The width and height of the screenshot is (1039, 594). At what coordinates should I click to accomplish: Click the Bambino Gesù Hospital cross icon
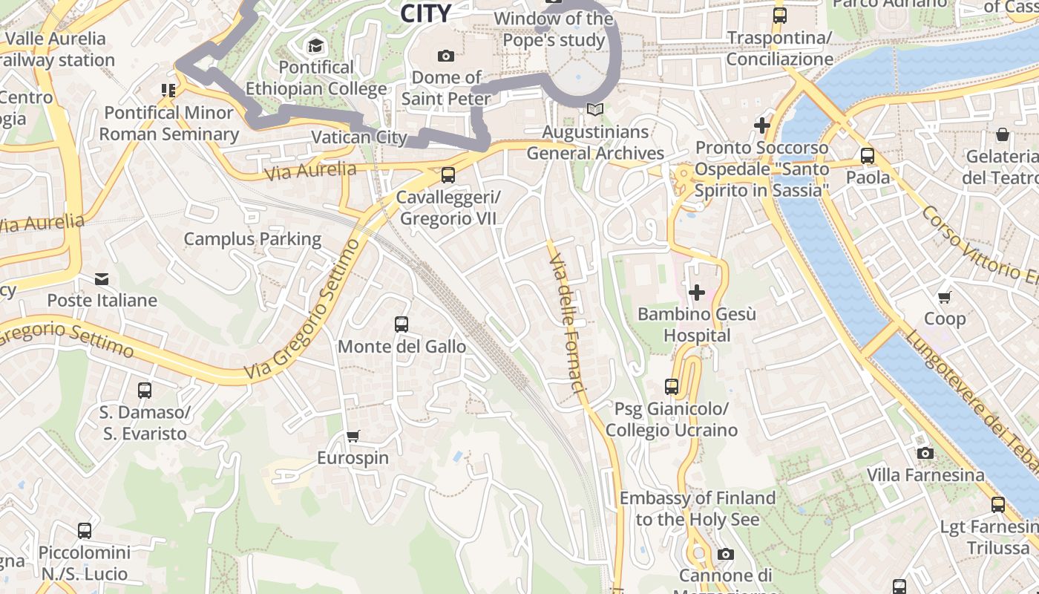coord(697,293)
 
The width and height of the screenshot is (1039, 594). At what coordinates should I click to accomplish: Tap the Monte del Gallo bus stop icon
coord(401,324)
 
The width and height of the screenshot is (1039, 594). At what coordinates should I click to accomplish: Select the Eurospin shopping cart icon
coord(353,437)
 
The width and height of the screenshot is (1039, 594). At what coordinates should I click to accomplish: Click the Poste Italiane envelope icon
coord(102,279)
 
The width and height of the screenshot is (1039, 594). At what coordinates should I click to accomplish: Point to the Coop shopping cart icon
coord(944,298)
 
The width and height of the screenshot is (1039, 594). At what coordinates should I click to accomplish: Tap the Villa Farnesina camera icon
coord(925,453)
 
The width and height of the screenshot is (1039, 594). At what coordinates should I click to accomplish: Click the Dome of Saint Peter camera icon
coord(446,56)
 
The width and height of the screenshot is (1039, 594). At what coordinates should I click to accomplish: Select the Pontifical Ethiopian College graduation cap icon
coord(316,46)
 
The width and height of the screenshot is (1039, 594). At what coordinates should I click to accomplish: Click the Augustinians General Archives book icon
coord(594,110)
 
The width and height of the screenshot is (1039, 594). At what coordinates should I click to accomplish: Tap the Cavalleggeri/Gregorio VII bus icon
coord(448,175)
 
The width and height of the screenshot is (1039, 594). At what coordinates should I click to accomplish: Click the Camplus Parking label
coord(252,239)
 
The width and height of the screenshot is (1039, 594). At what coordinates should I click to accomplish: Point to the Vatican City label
coord(359,137)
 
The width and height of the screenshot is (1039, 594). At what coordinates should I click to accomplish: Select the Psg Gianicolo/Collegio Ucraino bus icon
coord(672,387)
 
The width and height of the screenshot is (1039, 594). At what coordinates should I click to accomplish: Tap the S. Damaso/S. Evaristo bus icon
coord(145,391)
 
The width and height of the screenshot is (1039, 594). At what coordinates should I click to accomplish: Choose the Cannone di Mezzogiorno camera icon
coord(726,555)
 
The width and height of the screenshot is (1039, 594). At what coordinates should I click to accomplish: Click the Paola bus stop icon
coord(867,156)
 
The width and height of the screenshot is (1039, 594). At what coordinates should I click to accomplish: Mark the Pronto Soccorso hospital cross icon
coord(762,125)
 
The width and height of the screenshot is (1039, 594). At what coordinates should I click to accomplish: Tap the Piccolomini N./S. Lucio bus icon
coord(85,531)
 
